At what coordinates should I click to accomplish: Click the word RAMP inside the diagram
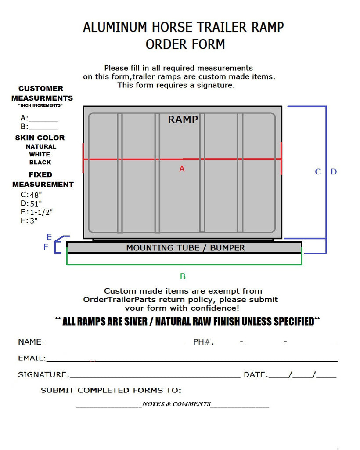[183, 120]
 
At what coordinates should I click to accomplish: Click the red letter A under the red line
[182, 168]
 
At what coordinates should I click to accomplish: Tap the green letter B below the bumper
[183, 276]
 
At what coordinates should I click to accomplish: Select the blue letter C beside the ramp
[318, 172]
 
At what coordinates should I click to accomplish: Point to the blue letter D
[334, 172]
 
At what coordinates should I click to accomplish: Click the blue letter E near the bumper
[49, 237]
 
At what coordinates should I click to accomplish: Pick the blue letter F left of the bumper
[46, 247]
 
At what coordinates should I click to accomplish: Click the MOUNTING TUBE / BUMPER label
[185, 248]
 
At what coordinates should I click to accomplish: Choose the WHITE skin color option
[40, 154]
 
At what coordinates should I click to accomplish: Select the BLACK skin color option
[40, 162]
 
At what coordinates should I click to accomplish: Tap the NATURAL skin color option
[41, 146]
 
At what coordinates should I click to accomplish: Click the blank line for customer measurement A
[43, 119]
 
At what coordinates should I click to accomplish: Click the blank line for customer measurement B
[43, 127]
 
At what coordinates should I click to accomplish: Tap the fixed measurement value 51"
[36, 203]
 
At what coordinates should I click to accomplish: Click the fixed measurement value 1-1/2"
[41, 212]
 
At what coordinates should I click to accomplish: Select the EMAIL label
[32, 358]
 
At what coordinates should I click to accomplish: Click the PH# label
[204, 342]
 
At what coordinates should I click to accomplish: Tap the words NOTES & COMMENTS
[176, 404]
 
